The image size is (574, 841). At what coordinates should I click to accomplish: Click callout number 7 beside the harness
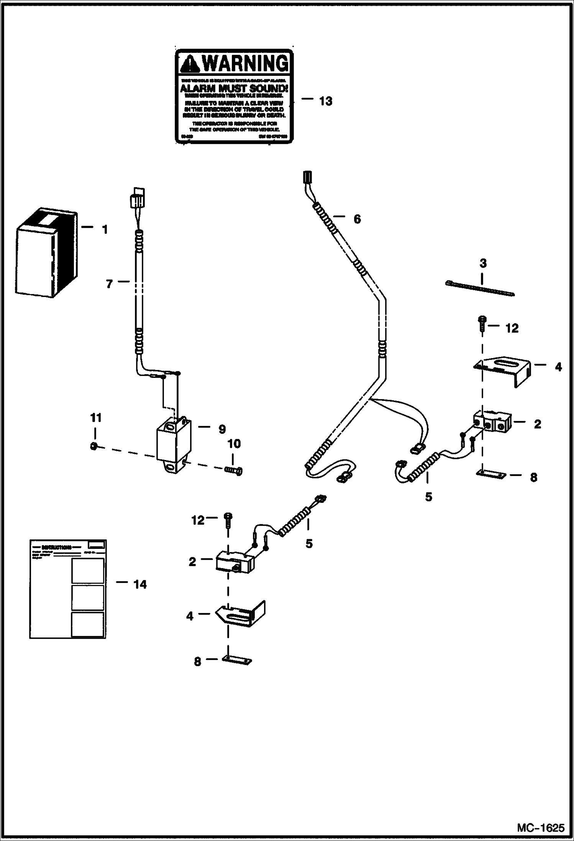click(109, 284)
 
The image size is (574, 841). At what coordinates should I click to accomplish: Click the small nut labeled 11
click(93, 446)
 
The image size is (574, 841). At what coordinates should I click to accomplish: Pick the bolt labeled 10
click(233, 470)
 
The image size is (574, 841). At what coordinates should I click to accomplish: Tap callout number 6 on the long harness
click(357, 219)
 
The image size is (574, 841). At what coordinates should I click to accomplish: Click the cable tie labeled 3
click(481, 289)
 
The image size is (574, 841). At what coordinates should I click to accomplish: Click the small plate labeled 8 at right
click(491, 475)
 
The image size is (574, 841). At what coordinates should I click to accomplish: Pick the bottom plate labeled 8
click(237, 660)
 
